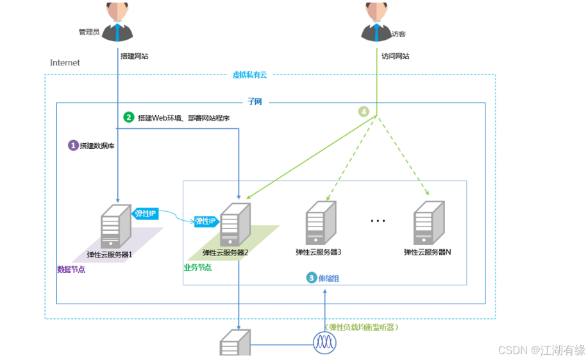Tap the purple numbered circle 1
coord(73,146)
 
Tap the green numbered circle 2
coord(129,117)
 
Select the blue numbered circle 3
coord(312,278)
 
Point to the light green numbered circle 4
coord(364,111)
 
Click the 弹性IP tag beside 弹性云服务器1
coord(145,214)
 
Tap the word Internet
coord(65,63)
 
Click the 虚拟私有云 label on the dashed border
coord(249,75)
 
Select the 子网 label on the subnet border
coord(255,102)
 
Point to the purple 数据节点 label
coord(71,270)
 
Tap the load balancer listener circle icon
coord(324,342)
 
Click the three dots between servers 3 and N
coord(378,221)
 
